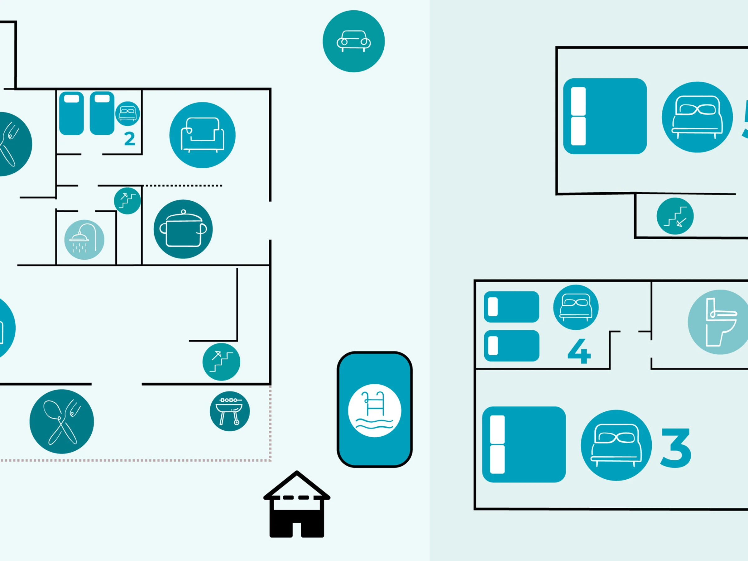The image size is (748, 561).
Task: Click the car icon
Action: [x=353, y=41]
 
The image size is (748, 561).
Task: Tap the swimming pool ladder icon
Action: [x=374, y=410]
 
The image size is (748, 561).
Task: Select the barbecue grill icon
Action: [x=230, y=411]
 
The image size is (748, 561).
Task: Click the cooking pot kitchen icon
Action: [x=183, y=229]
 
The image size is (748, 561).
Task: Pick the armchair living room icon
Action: [x=202, y=135]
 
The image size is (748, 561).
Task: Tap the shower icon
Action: [x=84, y=239]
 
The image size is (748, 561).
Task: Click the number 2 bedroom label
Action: [x=130, y=139]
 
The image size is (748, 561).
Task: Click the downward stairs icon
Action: [x=675, y=216]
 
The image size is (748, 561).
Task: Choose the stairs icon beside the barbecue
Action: [x=221, y=362]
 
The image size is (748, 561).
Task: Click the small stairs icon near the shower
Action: [x=127, y=201]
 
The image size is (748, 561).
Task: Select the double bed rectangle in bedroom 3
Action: [x=524, y=444]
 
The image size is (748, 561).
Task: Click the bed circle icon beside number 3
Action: [x=616, y=445]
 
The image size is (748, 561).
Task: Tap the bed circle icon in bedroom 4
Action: [x=576, y=307]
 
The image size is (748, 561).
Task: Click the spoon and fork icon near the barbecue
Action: [x=61, y=421]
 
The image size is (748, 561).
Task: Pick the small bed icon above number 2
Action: [x=127, y=113]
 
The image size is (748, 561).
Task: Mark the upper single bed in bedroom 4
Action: [x=511, y=307]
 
